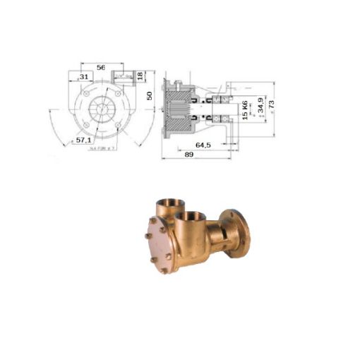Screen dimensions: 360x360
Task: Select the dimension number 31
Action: [x=83, y=76]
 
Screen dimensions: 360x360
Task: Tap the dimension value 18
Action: [x=140, y=75]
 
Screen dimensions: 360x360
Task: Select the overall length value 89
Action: [x=188, y=154]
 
